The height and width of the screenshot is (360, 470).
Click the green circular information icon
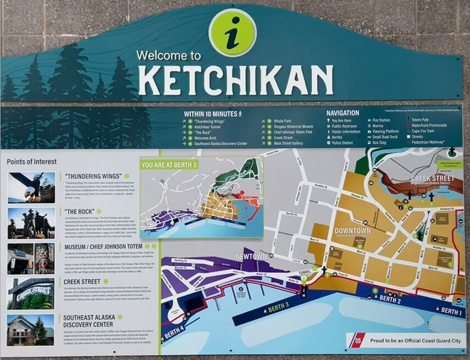click(233, 32)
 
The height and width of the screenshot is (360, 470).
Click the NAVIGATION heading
click(342, 113)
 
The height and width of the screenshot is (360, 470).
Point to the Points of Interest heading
click(32, 162)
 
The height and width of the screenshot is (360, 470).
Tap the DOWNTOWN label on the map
click(352, 230)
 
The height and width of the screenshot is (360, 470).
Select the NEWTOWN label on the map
click(251, 257)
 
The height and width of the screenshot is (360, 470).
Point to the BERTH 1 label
click(451, 312)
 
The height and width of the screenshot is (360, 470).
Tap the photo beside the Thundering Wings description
click(31, 187)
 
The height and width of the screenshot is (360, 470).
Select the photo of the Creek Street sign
click(31, 293)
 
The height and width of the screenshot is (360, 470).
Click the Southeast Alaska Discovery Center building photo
click(31, 329)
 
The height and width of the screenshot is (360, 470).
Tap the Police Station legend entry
click(342, 143)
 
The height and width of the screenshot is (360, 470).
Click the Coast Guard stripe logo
click(356, 341)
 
